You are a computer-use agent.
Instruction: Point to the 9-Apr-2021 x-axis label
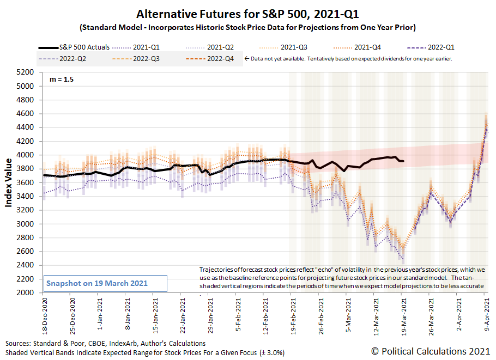pyautogui.click(x=486, y=313)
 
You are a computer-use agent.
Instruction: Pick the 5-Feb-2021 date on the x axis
pyautogui.click(x=237, y=313)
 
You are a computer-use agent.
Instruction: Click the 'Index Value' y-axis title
pyautogui.click(x=9, y=182)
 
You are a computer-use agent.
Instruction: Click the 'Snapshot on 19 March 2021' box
pyautogui.click(x=105, y=283)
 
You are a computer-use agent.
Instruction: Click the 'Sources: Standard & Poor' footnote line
pyautogui.click(x=106, y=344)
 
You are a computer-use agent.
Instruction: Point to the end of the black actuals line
pyautogui.click(x=403, y=161)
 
